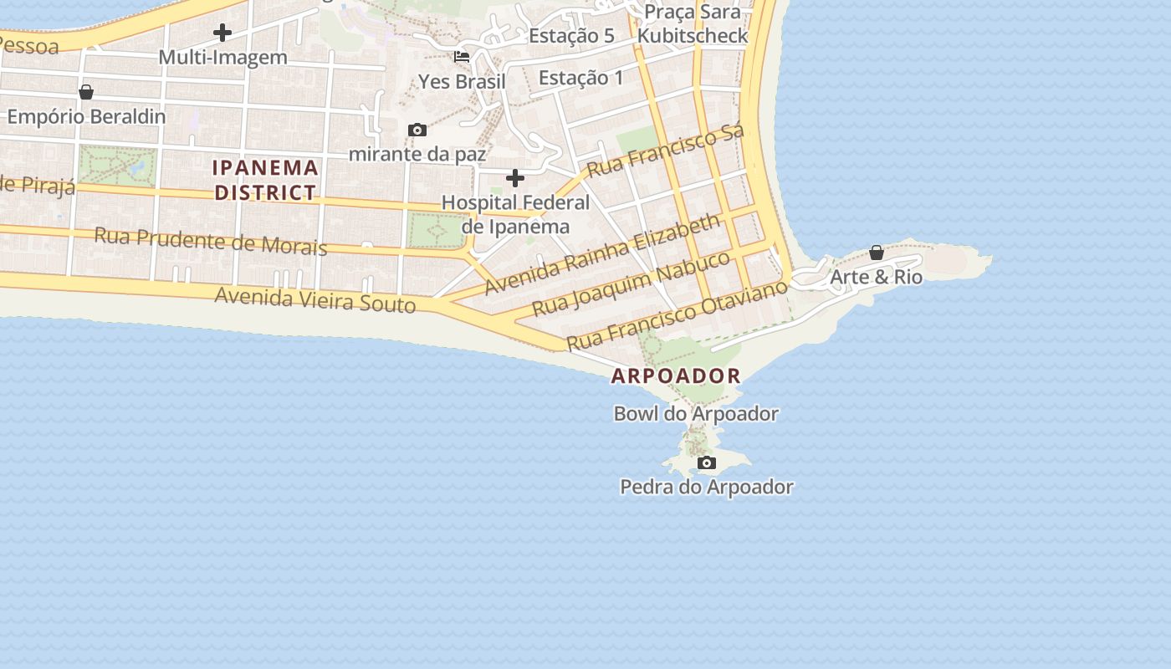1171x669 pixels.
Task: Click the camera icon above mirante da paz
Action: click(417, 130)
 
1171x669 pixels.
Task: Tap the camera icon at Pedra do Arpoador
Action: click(707, 462)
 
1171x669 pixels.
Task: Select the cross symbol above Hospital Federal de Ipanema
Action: click(515, 178)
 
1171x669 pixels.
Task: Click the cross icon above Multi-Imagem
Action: click(222, 33)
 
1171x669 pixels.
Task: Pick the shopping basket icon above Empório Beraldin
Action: click(85, 92)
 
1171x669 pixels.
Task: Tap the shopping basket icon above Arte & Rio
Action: click(877, 252)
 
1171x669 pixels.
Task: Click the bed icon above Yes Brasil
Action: click(462, 57)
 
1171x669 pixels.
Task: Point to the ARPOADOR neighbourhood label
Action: click(676, 375)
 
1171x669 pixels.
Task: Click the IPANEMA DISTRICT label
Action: click(265, 180)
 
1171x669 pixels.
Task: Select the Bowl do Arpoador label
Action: click(696, 413)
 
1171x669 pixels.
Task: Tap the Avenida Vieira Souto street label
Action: click(315, 299)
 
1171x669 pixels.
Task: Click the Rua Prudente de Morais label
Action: click(210, 241)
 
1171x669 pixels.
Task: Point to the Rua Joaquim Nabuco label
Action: click(632, 283)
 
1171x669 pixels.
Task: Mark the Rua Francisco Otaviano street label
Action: click(678, 315)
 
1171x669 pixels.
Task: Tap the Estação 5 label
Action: click(571, 36)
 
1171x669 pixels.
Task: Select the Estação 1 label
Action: click(581, 78)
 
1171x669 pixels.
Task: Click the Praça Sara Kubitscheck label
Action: click(692, 23)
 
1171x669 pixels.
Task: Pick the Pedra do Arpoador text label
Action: click(707, 487)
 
